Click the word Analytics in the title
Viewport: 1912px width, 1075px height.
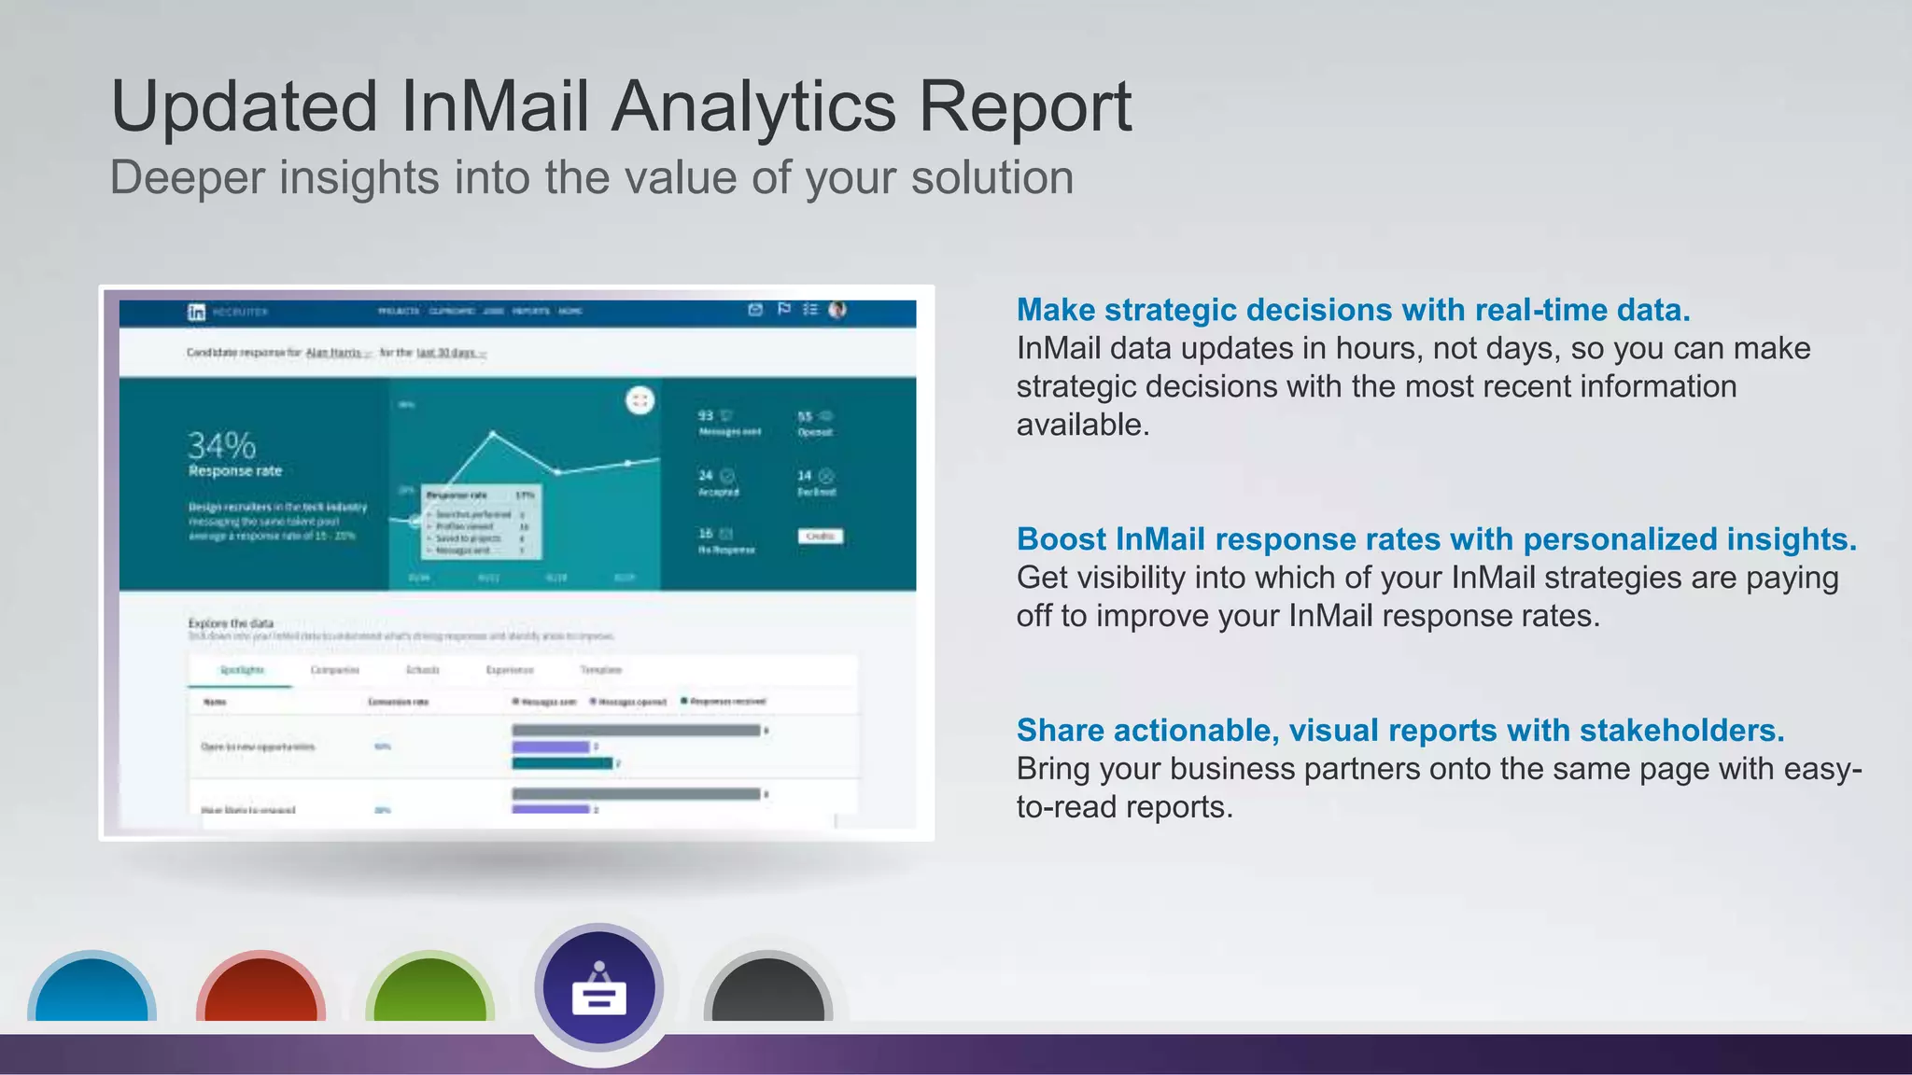752,106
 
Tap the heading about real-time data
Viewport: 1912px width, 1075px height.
1353,310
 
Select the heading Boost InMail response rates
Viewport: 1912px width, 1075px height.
1436,539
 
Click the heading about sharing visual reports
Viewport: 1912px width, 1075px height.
1399,731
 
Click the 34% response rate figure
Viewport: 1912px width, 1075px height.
221,445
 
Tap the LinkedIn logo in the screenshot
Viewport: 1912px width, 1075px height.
196,312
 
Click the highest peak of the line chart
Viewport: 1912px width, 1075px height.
493,434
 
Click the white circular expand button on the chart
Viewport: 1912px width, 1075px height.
640,400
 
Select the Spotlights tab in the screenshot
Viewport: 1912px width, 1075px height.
242,670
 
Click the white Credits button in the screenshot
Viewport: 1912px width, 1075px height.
820,536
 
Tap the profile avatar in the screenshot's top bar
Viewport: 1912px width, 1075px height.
837,310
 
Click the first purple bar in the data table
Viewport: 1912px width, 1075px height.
551,747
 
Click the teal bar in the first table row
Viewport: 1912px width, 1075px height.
562,763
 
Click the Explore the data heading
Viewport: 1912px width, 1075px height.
231,622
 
